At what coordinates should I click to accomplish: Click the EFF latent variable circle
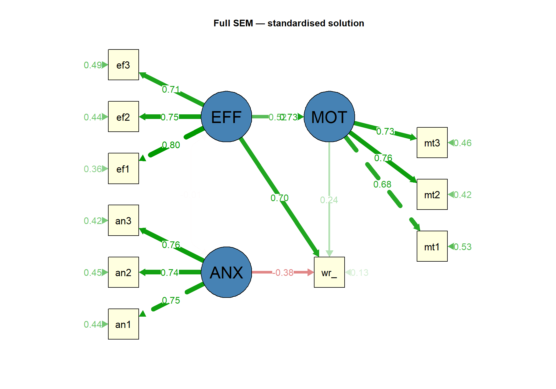(226, 117)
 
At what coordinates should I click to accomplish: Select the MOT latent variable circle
(329, 117)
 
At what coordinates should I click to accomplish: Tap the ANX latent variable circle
(226, 272)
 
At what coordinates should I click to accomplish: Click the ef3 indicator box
(123, 65)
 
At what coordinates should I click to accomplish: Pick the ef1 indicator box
(123, 168)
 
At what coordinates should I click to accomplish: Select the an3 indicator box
(123, 220)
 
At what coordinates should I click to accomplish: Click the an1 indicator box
(123, 324)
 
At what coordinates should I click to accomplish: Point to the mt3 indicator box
(432, 143)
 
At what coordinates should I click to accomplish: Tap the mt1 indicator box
(432, 246)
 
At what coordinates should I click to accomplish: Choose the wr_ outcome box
(329, 272)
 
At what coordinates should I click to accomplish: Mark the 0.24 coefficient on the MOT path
(329, 200)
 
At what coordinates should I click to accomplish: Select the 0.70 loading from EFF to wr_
(279, 198)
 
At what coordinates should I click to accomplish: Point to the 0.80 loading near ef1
(171, 145)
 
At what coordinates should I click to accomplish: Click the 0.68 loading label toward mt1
(382, 184)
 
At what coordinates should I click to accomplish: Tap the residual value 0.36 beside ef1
(93, 169)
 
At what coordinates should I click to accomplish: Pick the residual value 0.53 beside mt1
(462, 247)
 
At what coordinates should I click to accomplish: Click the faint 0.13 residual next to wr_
(359, 273)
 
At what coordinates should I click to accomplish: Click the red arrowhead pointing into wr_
(310, 272)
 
